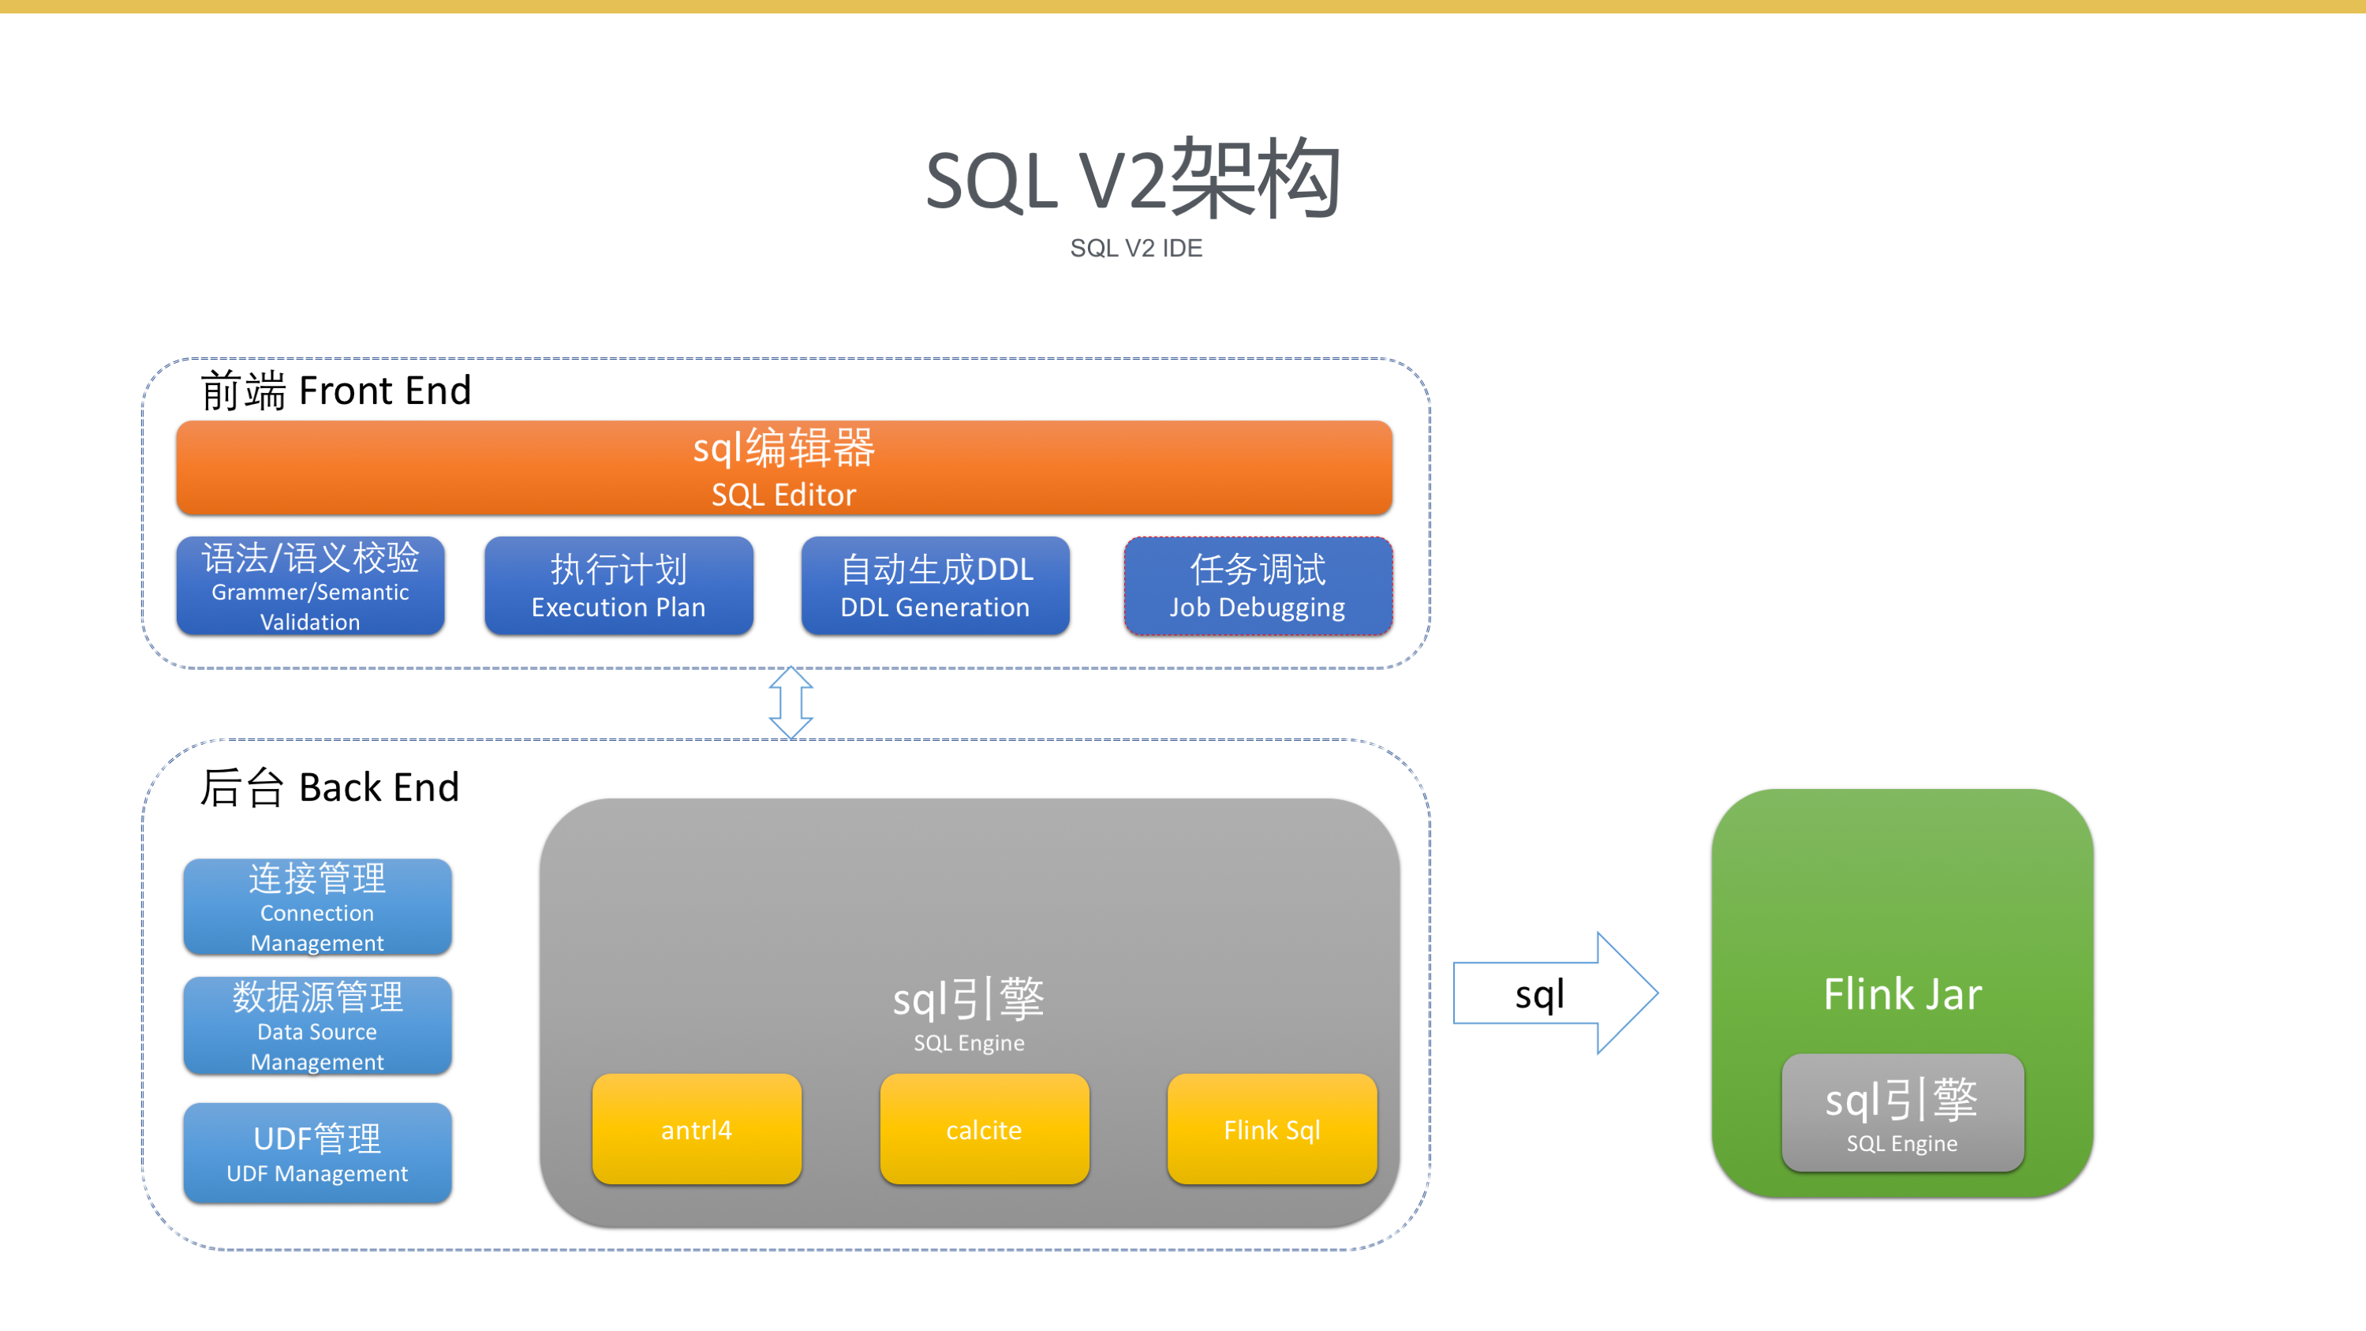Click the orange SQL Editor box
[x=784, y=468]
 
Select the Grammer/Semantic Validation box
[x=311, y=586]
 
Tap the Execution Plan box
[x=619, y=586]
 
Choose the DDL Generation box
[x=935, y=586]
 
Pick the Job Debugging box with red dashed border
[x=1258, y=586]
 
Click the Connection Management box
[x=318, y=907]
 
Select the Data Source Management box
[x=318, y=1025]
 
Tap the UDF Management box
[x=318, y=1153]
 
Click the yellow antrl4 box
[x=697, y=1129]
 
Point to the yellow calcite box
[x=985, y=1129]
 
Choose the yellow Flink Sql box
[x=1272, y=1129]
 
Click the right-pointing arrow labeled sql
[x=1555, y=993]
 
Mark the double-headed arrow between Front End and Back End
[x=791, y=703]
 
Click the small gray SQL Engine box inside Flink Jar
[x=1903, y=1112]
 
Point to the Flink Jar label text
[x=1903, y=994]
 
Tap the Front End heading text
[x=336, y=391]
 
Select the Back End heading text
[x=330, y=787]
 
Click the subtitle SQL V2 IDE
[x=1136, y=248]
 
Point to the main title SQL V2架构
[x=1134, y=179]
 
